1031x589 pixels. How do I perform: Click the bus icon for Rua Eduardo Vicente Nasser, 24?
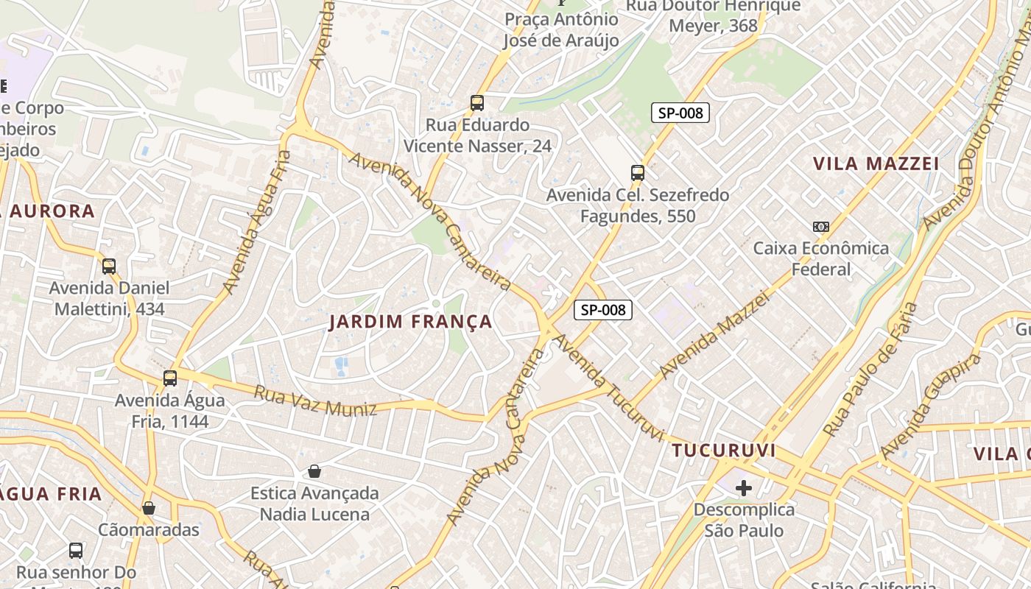(477, 103)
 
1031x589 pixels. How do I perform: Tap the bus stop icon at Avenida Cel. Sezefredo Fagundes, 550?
(638, 174)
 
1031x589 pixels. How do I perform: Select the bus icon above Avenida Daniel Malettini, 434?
(109, 267)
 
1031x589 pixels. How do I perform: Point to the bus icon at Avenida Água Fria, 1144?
(170, 378)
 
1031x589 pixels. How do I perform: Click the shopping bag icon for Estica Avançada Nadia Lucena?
(314, 471)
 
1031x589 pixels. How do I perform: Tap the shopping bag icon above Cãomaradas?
(149, 508)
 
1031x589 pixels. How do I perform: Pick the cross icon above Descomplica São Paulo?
(744, 487)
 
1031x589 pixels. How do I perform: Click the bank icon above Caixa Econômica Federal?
(820, 227)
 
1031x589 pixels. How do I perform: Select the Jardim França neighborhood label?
(410, 322)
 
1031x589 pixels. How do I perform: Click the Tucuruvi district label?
(724, 450)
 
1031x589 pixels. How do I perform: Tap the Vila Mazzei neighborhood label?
(876, 163)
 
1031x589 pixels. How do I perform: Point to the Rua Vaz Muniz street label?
(315, 400)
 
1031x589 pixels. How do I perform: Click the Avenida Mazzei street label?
(714, 335)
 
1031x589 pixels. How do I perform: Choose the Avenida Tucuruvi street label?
(609, 388)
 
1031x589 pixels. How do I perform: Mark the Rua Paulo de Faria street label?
(870, 368)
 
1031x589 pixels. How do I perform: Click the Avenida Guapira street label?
(929, 405)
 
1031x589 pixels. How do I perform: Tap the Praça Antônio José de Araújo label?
(561, 29)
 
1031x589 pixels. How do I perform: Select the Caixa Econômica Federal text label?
(821, 258)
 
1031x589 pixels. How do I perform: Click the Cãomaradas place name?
(149, 530)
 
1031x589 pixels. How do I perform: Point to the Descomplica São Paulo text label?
(744, 520)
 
